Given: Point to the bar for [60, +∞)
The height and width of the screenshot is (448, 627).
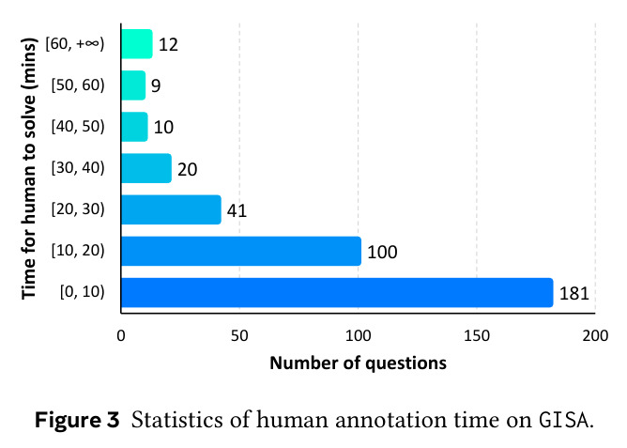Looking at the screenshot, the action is coord(137,44).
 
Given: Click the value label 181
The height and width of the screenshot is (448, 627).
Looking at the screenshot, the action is coord(573,294).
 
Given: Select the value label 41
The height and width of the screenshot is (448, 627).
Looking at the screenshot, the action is coord(237,210).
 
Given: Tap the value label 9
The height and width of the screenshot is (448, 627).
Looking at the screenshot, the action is coord(156,85).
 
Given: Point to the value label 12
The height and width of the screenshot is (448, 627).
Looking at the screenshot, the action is coord(168,44).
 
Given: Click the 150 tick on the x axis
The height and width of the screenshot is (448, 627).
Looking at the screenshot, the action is coord(477,335).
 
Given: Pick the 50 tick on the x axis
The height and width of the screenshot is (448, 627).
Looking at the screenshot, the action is coord(239,335).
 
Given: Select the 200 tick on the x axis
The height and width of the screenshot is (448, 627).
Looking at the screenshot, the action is coord(595,335).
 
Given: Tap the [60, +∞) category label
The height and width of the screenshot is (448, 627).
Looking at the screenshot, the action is coord(75,43).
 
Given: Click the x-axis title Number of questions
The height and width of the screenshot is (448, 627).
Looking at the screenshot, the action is coord(358,363).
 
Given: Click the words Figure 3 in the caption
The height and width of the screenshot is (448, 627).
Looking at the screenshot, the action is coord(77,420).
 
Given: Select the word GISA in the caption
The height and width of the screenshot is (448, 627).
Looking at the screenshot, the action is coord(564,420).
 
